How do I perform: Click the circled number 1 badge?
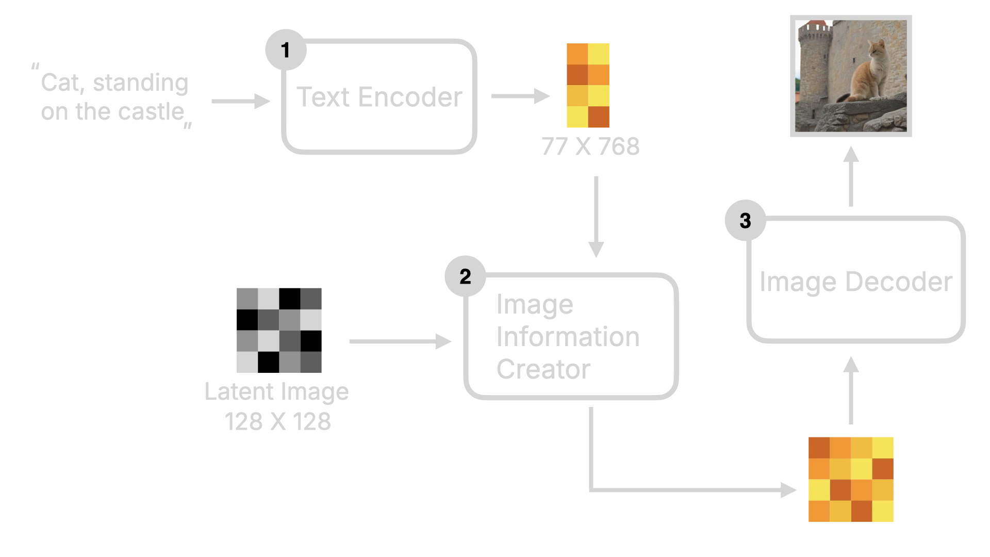(x=285, y=50)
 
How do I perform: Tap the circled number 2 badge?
(x=465, y=277)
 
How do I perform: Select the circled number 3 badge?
(x=745, y=221)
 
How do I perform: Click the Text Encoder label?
(x=379, y=96)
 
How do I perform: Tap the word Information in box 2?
(x=566, y=337)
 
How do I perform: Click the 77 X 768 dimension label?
(x=589, y=147)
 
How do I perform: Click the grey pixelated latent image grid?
(x=278, y=330)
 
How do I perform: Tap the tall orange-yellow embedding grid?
(x=588, y=85)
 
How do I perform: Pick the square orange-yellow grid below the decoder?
(x=851, y=479)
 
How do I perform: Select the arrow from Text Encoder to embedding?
(x=521, y=95)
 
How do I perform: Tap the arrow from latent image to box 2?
(x=400, y=341)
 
